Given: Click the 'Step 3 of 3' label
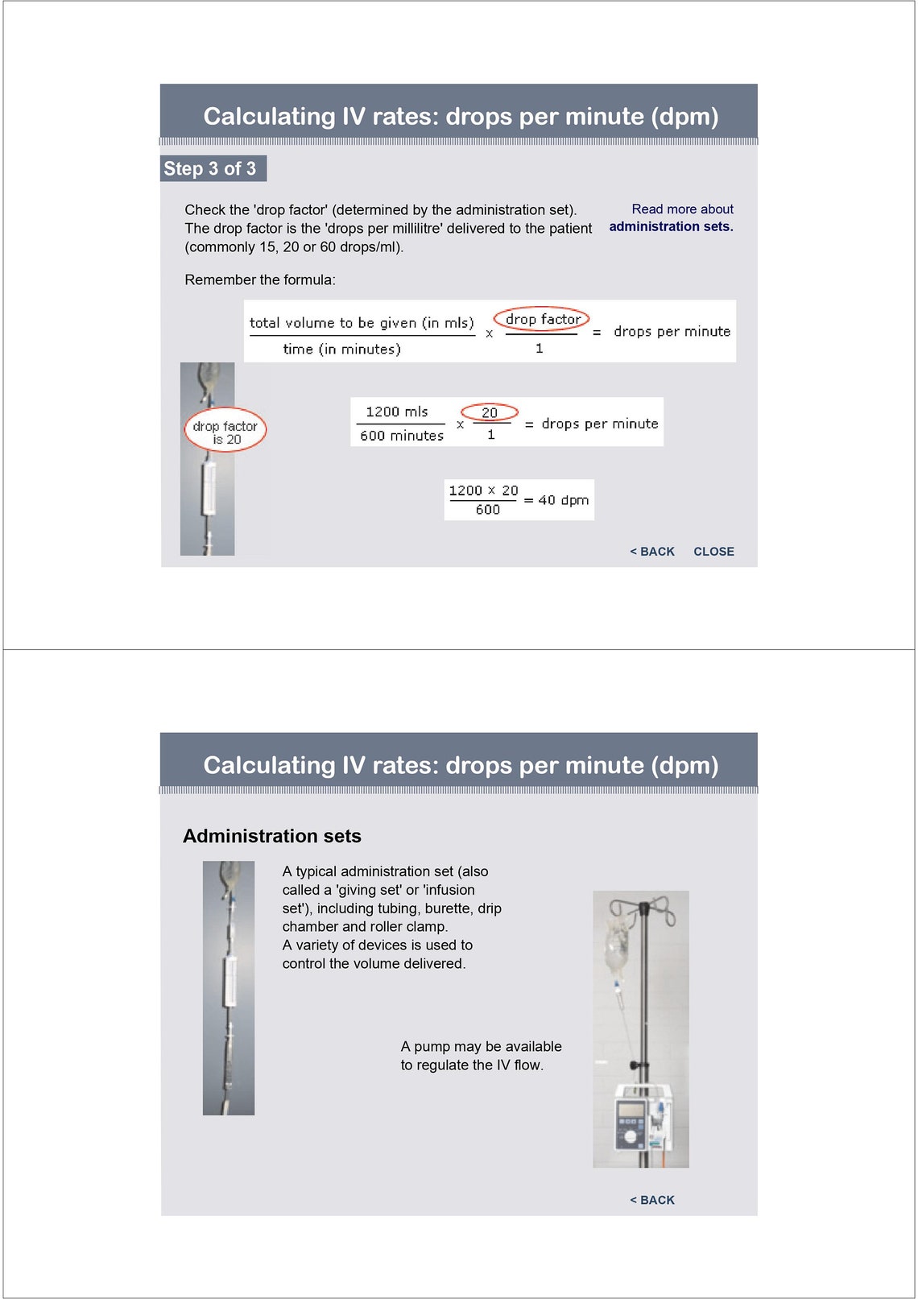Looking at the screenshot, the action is point(209,168).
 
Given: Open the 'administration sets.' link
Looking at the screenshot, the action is point(671,227).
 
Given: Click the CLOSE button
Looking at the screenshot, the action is point(714,552).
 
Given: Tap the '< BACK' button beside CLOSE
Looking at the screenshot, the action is point(652,552).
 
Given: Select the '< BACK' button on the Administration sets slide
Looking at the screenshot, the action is point(652,1200).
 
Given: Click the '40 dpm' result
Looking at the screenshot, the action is point(563,500).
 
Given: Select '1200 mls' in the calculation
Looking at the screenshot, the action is point(397,412).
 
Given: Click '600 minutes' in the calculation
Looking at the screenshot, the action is point(401,436).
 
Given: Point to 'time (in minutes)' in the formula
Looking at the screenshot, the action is point(341,349).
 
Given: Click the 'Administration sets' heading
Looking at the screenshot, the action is point(272,836).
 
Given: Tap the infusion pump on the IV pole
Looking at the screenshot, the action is point(643,1118).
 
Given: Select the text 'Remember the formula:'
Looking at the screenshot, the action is point(260,280).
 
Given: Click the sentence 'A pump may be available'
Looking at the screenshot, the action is point(482,1046).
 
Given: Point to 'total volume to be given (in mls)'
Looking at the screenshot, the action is point(362,323).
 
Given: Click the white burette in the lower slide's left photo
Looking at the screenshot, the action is point(230,982).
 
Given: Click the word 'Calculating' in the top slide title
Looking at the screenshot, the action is point(270,117).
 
